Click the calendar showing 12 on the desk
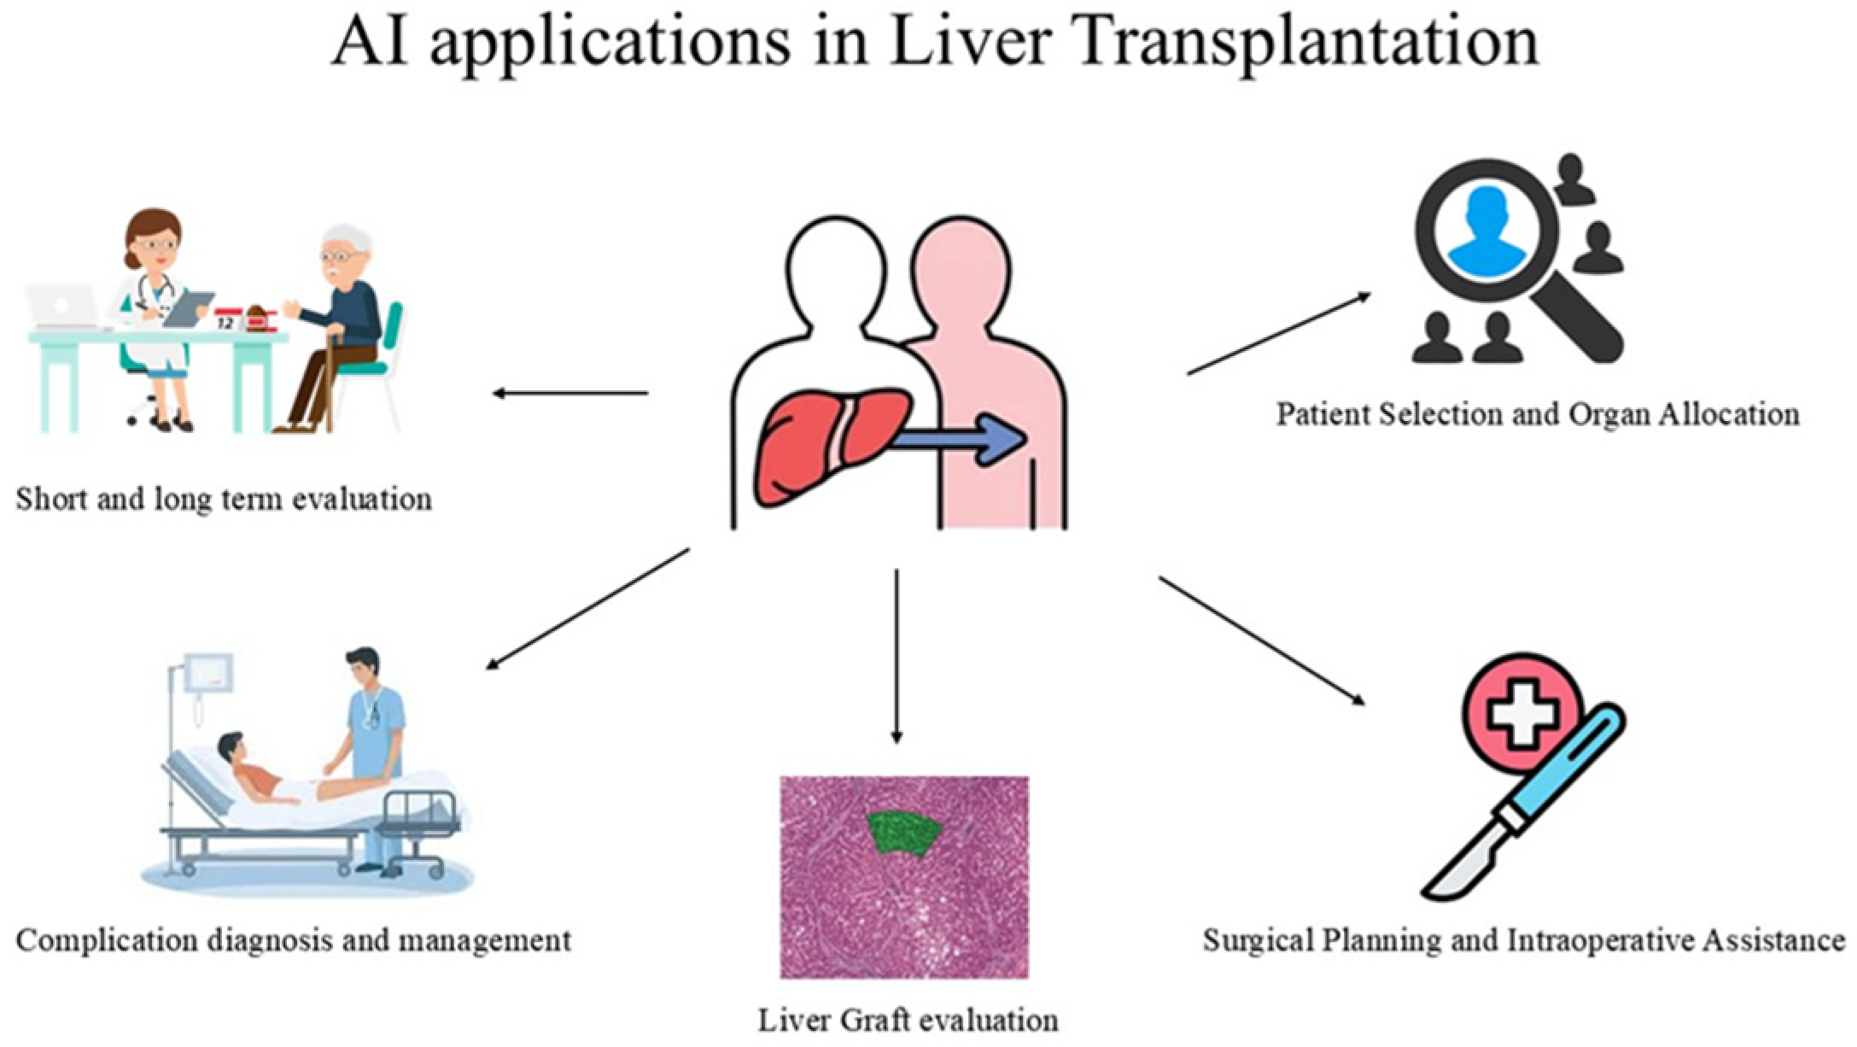tap(227, 319)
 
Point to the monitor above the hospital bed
tap(207, 672)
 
